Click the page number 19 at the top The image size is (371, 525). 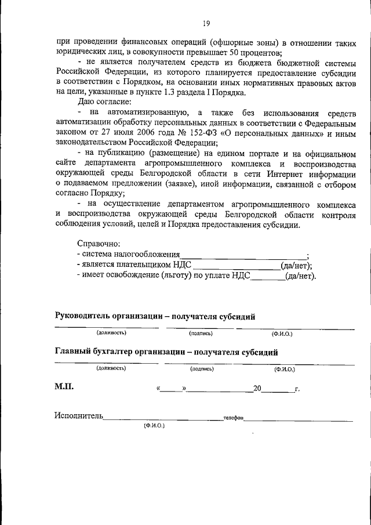(206, 23)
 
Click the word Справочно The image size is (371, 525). (98, 244)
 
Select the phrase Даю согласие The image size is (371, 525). (100, 102)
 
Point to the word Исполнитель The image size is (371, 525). (79, 416)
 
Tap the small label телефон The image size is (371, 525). (233, 417)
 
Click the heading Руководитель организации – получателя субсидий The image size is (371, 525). (155, 316)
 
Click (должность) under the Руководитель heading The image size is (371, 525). (111, 333)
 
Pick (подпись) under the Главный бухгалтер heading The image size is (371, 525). (202, 368)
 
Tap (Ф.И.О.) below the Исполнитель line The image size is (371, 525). (154, 426)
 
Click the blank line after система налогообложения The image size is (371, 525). (243, 255)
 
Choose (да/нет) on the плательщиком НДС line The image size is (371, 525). (296, 266)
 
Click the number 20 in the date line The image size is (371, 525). (258, 388)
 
